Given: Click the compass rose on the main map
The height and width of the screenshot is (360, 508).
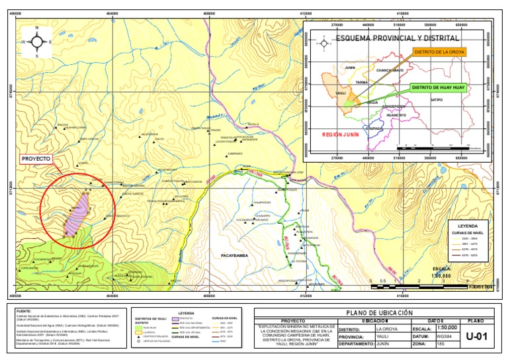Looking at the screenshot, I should (37, 41).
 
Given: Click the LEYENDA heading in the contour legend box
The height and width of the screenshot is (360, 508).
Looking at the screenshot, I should (464, 224).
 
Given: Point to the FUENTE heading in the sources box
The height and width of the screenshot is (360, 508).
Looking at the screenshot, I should (24, 310).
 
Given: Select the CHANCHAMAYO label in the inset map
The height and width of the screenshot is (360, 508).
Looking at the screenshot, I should (390, 69).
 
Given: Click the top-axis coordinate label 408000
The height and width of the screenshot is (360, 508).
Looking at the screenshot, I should (210, 13).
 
